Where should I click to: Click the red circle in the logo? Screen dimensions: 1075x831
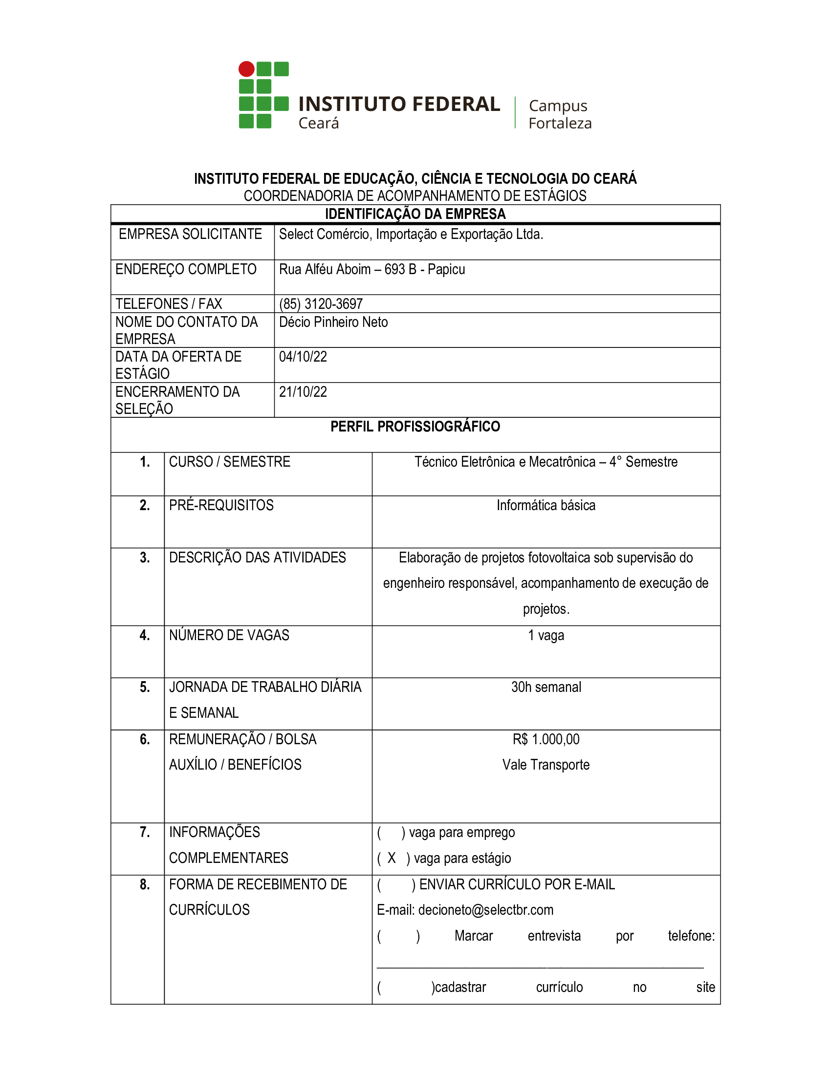(x=246, y=69)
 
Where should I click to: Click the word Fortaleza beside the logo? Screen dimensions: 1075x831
(x=560, y=123)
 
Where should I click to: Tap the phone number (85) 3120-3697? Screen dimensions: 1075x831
(x=321, y=304)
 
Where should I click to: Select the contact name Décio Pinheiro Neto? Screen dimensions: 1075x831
(x=333, y=322)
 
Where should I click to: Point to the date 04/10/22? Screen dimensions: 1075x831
(x=303, y=356)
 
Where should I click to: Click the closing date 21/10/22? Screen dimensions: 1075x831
(x=303, y=392)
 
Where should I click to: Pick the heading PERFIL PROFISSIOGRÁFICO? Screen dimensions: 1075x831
(x=415, y=426)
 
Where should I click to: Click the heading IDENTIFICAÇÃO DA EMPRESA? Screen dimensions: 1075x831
(x=415, y=214)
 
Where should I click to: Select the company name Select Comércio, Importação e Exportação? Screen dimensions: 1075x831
(x=411, y=234)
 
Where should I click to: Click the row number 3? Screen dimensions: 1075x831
(x=145, y=557)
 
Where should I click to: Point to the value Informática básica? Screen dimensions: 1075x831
(x=546, y=505)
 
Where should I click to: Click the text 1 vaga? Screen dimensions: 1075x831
(x=546, y=635)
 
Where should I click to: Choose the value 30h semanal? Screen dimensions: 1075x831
(x=546, y=687)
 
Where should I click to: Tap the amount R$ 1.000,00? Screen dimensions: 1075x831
(x=546, y=739)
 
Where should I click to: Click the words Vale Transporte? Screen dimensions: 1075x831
(x=546, y=764)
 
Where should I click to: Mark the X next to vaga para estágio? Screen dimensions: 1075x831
(x=392, y=858)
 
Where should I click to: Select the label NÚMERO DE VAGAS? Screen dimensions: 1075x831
(x=229, y=635)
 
